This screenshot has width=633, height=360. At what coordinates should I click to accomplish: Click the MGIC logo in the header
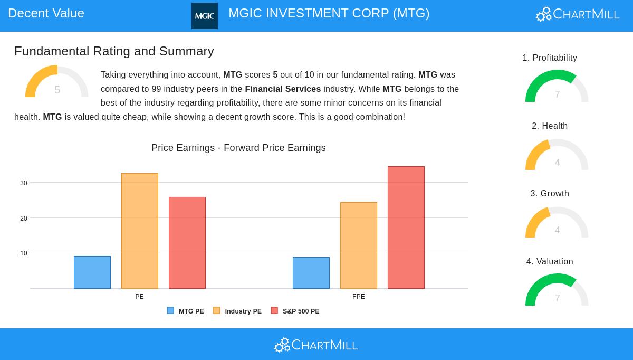pyautogui.click(x=204, y=16)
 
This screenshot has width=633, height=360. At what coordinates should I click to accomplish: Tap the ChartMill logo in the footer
pyautogui.click(x=316, y=345)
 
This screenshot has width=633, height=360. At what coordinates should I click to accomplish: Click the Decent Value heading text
pyautogui.click(x=46, y=13)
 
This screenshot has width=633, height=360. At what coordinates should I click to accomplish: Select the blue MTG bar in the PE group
pyautogui.click(x=92, y=272)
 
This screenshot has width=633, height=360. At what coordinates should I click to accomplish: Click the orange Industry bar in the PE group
pyautogui.click(x=140, y=231)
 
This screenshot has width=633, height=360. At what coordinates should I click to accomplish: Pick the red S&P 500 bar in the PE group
pyautogui.click(x=187, y=243)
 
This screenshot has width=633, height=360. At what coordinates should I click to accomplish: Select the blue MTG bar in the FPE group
pyautogui.click(x=311, y=273)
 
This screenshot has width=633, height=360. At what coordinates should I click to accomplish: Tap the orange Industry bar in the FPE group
pyautogui.click(x=359, y=245)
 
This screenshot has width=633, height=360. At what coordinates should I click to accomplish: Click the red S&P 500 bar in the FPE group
pyautogui.click(x=406, y=228)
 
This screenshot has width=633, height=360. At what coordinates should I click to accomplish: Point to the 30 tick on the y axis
pyautogui.click(x=24, y=183)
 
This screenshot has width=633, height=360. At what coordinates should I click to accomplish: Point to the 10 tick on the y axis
pyautogui.click(x=24, y=254)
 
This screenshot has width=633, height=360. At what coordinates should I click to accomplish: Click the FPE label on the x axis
pyautogui.click(x=359, y=297)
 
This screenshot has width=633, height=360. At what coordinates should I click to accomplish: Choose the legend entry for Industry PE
pyautogui.click(x=237, y=311)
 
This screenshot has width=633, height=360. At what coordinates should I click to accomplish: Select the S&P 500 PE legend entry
pyautogui.click(x=295, y=311)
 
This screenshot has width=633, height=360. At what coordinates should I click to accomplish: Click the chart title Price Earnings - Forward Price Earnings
pyautogui.click(x=238, y=148)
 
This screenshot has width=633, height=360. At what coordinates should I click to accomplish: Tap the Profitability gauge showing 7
pyautogui.click(x=557, y=87)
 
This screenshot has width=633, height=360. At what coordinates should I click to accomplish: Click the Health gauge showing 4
pyautogui.click(x=557, y=156)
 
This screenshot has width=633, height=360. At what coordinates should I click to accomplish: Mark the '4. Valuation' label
pyautogui.click(x=550, y=262)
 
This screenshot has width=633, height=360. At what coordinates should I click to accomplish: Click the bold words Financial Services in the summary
pyautogui.click(x=283, y=89)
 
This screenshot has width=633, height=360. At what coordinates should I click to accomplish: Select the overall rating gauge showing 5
pyautogui.click(x=57, y=83)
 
